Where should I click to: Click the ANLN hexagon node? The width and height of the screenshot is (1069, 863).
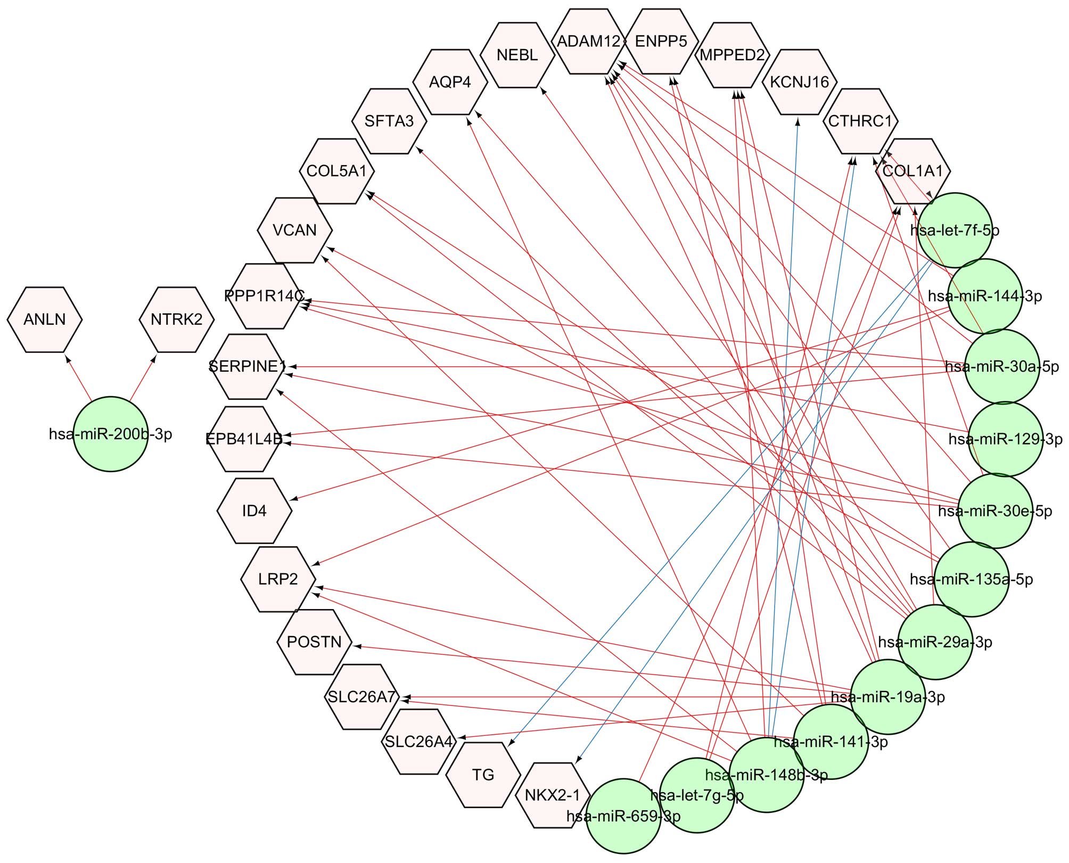pos(45,319)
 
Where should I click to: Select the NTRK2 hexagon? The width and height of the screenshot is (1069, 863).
pos(176,319)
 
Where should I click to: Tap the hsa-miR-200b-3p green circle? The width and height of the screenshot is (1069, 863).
pos(110,434)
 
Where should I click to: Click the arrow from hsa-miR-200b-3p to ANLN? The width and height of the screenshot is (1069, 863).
pos(78,378)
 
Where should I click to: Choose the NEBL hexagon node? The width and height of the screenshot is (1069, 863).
pos(517,55)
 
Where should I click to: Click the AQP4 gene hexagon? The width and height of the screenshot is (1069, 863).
pos(450,82)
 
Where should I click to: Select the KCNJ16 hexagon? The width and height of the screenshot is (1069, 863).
pos(799,82)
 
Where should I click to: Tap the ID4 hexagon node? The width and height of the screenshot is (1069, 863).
pos(254,511)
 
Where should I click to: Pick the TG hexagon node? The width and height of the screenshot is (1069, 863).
pos(483,775)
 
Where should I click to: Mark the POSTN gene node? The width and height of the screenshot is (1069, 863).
pos(314,642)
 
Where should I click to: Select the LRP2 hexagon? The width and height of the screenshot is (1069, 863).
pos(278,579)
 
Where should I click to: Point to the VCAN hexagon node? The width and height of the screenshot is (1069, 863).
pos(294,230)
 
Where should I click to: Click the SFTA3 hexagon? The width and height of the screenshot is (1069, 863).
pos(389,121)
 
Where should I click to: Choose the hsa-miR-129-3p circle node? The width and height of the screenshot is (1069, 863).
pos(1005,439)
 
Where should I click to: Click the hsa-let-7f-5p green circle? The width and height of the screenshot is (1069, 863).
pos(955,230)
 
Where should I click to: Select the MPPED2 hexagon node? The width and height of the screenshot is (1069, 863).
pos(733,55)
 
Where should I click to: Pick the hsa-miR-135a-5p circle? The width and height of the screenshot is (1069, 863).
pos(972,579)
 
